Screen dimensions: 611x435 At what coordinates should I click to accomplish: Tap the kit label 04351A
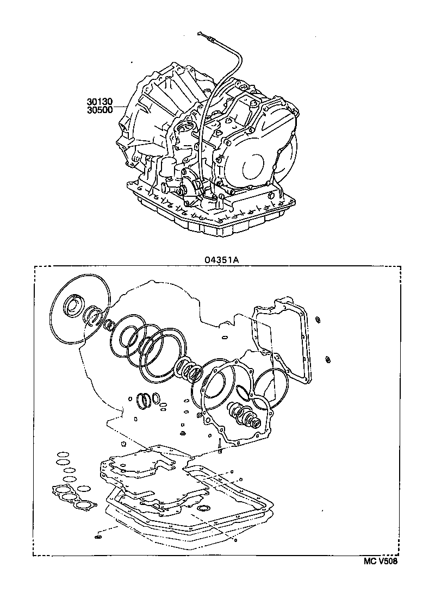pyautogui.click(x=221, y=260)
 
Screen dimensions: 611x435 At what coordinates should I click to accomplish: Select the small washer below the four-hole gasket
pyautogui.click(x=98, y=537)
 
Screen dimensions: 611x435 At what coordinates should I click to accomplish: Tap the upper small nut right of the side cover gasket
pyautogui.click(x=318, y=319)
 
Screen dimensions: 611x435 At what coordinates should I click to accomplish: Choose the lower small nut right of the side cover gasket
pyautogui.click(x=328, y=359)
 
